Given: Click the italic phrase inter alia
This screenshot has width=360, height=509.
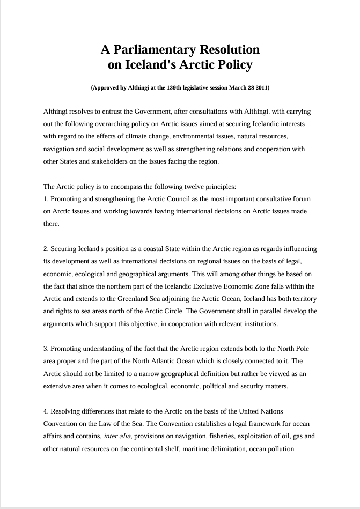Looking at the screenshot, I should [117, 436].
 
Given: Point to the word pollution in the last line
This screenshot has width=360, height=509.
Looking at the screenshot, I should [280, 448].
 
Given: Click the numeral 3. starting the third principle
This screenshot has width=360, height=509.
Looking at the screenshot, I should [46, 349].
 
